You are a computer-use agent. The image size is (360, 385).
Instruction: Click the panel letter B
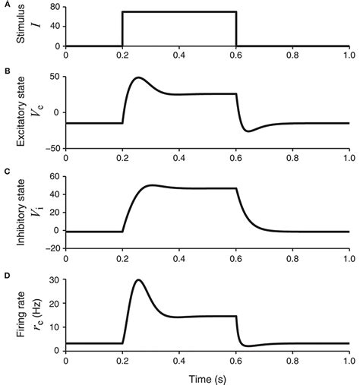click(x=6, y=71)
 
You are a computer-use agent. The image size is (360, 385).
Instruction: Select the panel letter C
click(x=6, y=173)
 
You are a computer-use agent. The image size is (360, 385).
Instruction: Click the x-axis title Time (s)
click(x=207, y=377)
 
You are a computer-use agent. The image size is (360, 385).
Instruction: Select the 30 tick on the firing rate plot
click(x=54, y=280)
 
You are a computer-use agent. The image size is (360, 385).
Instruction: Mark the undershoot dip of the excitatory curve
click(x=248, y=131)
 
